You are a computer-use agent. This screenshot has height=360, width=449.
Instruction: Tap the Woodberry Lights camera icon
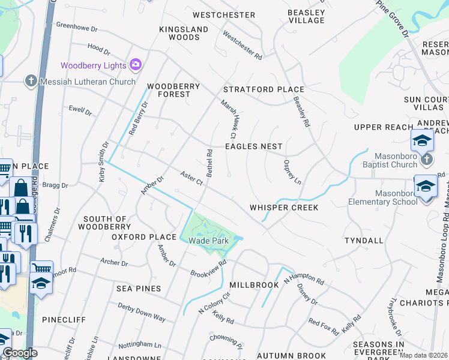click(x=136, y=65)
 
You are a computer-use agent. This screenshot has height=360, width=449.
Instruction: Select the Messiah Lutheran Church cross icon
click(x=30, y=81)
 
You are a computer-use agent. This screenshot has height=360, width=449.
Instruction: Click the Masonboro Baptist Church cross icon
click(x=427, y=160)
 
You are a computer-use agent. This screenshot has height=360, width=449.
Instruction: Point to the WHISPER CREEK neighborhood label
click(x=284, y=207)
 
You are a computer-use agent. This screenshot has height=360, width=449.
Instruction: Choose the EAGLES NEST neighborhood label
click(x=253, y=146)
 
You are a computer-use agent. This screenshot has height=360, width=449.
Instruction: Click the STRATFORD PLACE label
click(x=264, y=89)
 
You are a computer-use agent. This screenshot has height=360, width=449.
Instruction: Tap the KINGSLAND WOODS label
click(x=184, y=33)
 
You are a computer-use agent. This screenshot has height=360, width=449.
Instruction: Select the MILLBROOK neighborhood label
click(x=254, y=285)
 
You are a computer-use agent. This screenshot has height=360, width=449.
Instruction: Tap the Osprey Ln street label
click(x=292, y=172)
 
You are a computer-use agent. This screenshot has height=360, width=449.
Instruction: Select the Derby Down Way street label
click(x=142, y=313)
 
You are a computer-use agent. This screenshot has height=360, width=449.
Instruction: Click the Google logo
click(x=19, y=353)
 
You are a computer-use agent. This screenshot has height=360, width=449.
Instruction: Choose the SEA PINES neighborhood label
click(x=139, y=289)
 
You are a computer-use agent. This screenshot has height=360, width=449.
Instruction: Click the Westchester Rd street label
click(x=242, y=46)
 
